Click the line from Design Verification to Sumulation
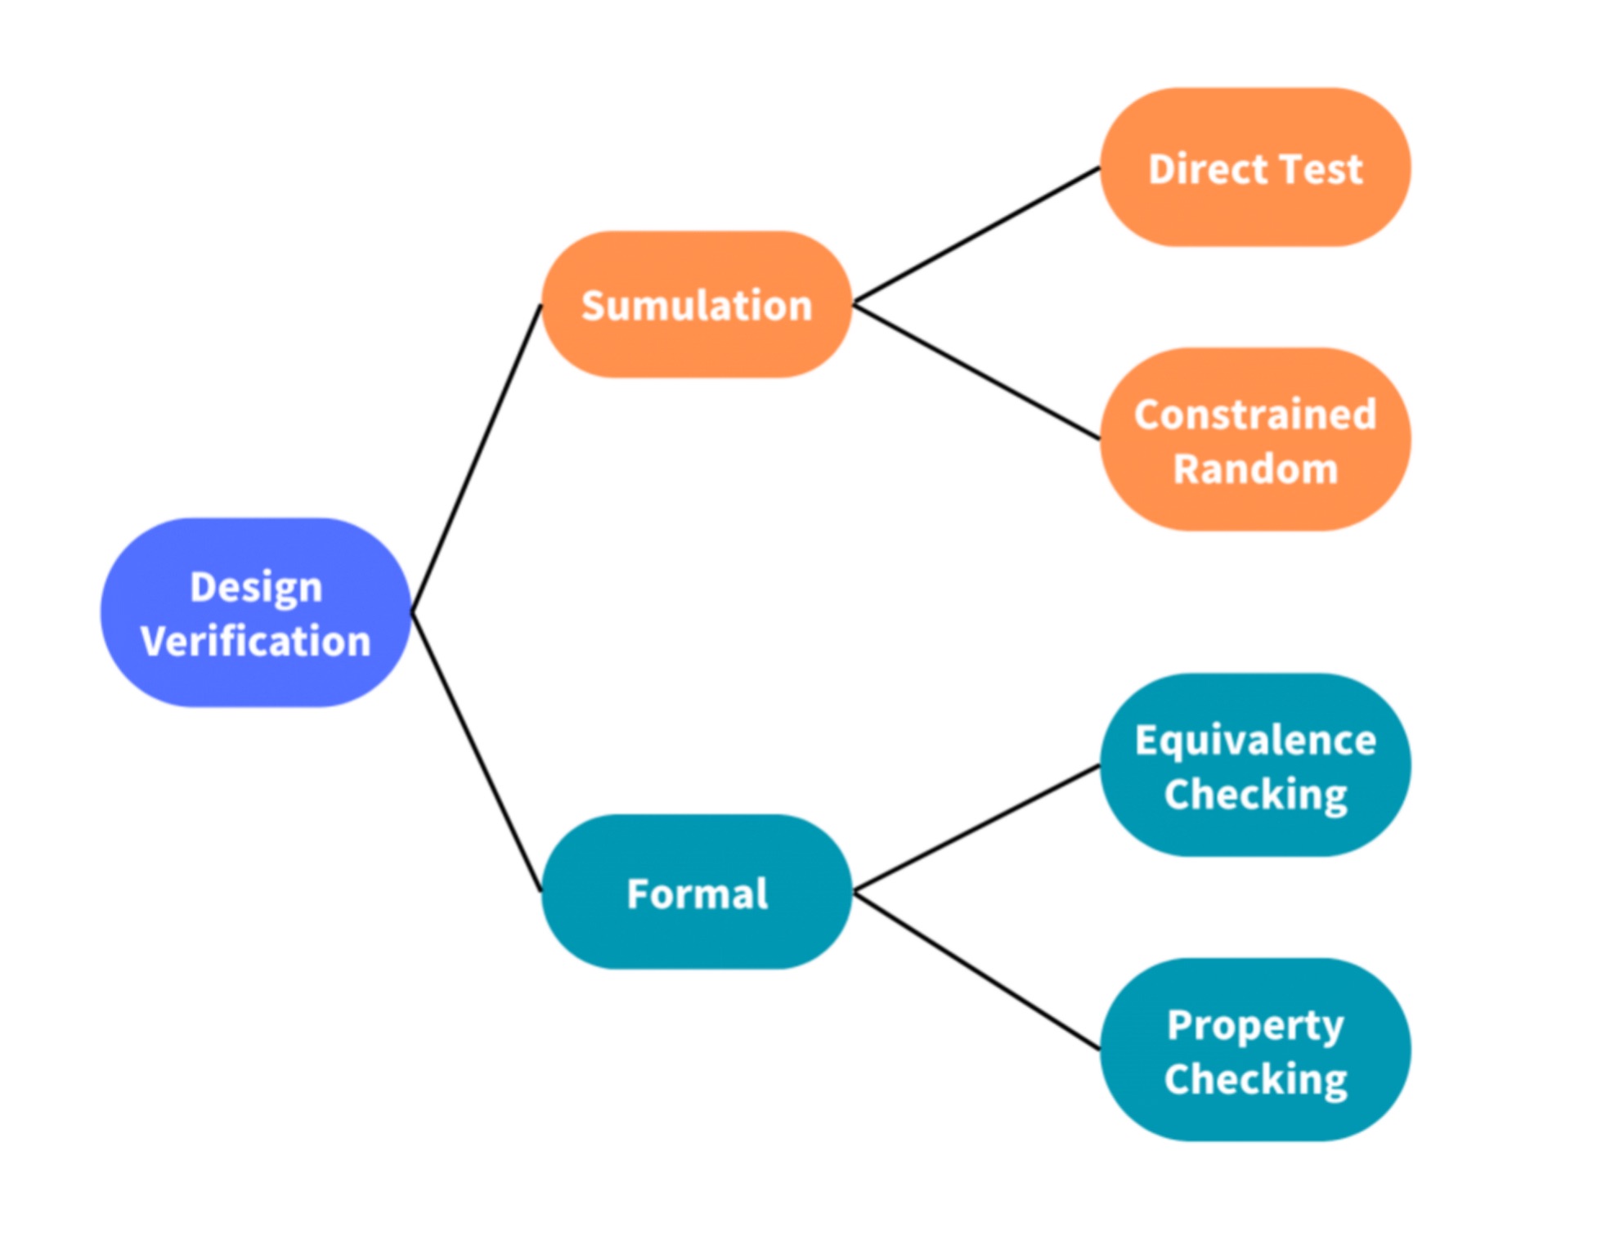click(x=476, y=459)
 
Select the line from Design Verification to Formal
click(x=476, y=752)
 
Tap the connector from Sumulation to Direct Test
click(x=976, y=236)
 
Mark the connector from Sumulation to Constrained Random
click(x=976, y=372)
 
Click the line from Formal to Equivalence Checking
click(x=976, y=828)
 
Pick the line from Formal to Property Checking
click(x=976, y=970)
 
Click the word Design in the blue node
click(x=256, y=588)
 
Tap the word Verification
click(x=255, y=641)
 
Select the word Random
click(x=1255, y=469)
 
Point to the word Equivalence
click(x=1255, y=741)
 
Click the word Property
click(x=1255, y=1026)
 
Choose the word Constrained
click(x=1255, y=415)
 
